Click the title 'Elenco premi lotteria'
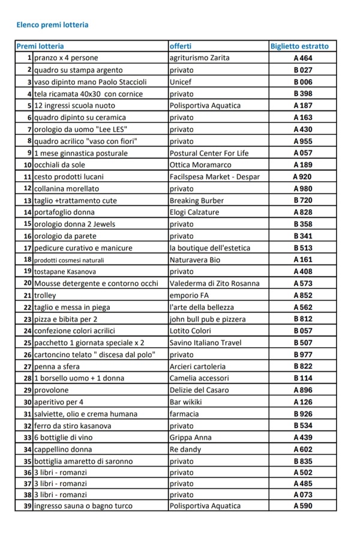pyautogui.click(x=53, y=25)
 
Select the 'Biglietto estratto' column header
pyautogui.click(x=299, y=46)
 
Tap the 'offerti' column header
pyautogui.click(x=181, y=46)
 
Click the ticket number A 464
pyautogui.click(x=303, y=58)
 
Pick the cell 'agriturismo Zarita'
pyautogui.click(x=200, y=58)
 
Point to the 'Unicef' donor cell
pyautogui.click(x=181, y=82)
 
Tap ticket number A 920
pyautogui.click(x=302, y=177)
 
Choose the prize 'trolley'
pyautogui.click(x=46, y=295)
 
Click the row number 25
pyautogui.click(x=27, y=343)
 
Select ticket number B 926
pyautogui.click(x=303, y=414)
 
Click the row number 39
pyautogui.click(x=27, y=506)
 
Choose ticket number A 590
pyautogui.click(x=303, y=506)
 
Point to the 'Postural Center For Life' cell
pyautogui.click(x=209, y=153)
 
